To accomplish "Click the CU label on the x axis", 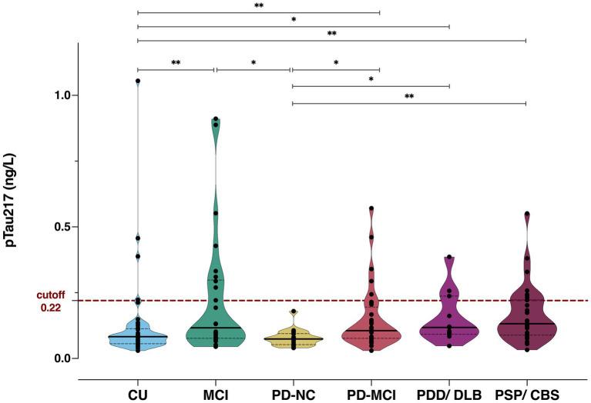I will coord(138,395).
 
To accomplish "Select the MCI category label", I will coord(216,395).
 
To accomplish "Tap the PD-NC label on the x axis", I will coord(293,395).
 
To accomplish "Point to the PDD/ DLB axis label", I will coord(449,395).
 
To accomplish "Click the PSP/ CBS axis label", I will coord(526,395).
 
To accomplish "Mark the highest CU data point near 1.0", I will coord(138,81).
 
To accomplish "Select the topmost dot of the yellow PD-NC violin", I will coord(293,311).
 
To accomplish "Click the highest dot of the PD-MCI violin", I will coord(371,208).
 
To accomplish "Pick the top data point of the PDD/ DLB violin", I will coord(449,258).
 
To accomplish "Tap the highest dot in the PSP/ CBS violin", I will coord(527,214).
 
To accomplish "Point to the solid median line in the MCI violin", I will coord(216,328).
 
